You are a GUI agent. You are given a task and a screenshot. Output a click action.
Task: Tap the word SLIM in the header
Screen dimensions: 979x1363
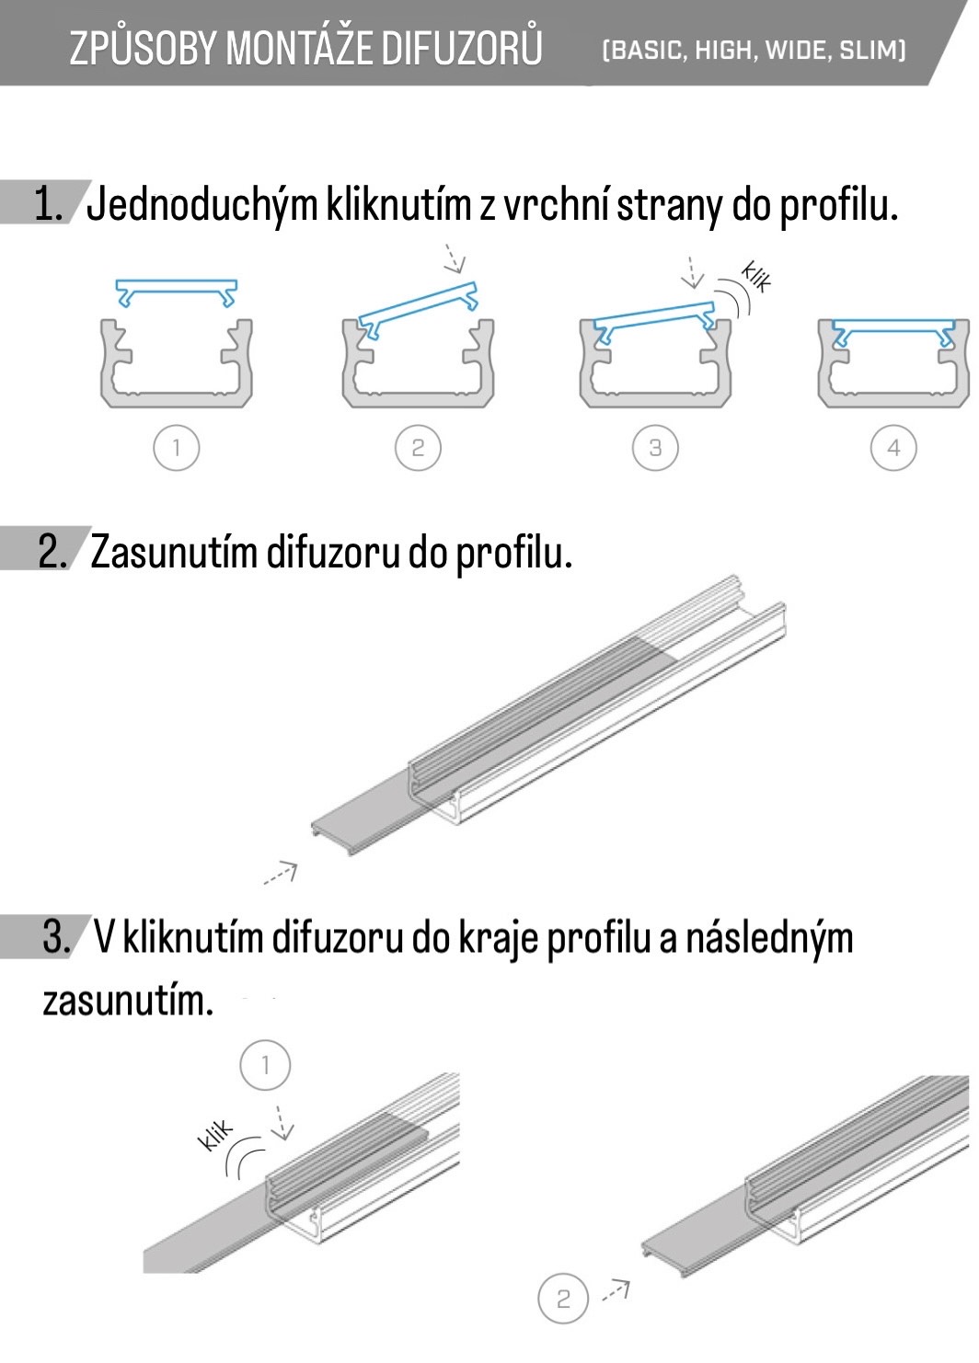(871, 51)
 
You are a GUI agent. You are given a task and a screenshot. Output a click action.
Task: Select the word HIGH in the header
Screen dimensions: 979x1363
(725, 51)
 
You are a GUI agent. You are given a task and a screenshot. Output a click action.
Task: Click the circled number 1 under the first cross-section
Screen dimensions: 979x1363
(176, 448)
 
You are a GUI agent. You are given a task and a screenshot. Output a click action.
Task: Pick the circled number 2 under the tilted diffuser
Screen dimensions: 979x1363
(418, 448)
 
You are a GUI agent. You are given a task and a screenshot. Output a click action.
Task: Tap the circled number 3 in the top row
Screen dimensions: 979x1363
(655, 448)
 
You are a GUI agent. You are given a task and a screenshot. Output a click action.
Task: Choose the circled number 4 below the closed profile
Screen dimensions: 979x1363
(893, 448)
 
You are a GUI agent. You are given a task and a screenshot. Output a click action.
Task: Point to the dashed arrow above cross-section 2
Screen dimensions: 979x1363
(455, 258)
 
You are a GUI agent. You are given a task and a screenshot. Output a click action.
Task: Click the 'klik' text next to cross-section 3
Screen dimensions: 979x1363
(756, 278)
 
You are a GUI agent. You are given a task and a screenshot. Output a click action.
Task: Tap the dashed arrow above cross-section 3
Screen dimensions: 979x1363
(692, 271)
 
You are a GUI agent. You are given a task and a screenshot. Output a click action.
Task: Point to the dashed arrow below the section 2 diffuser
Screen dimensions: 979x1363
(281, 873)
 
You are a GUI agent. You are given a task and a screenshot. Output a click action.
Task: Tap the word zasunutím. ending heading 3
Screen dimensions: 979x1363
(128, 1001)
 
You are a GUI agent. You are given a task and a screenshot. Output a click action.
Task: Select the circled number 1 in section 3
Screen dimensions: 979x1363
(265, 1065)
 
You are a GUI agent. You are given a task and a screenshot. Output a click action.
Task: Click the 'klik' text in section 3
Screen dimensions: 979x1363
(216, 1136)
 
